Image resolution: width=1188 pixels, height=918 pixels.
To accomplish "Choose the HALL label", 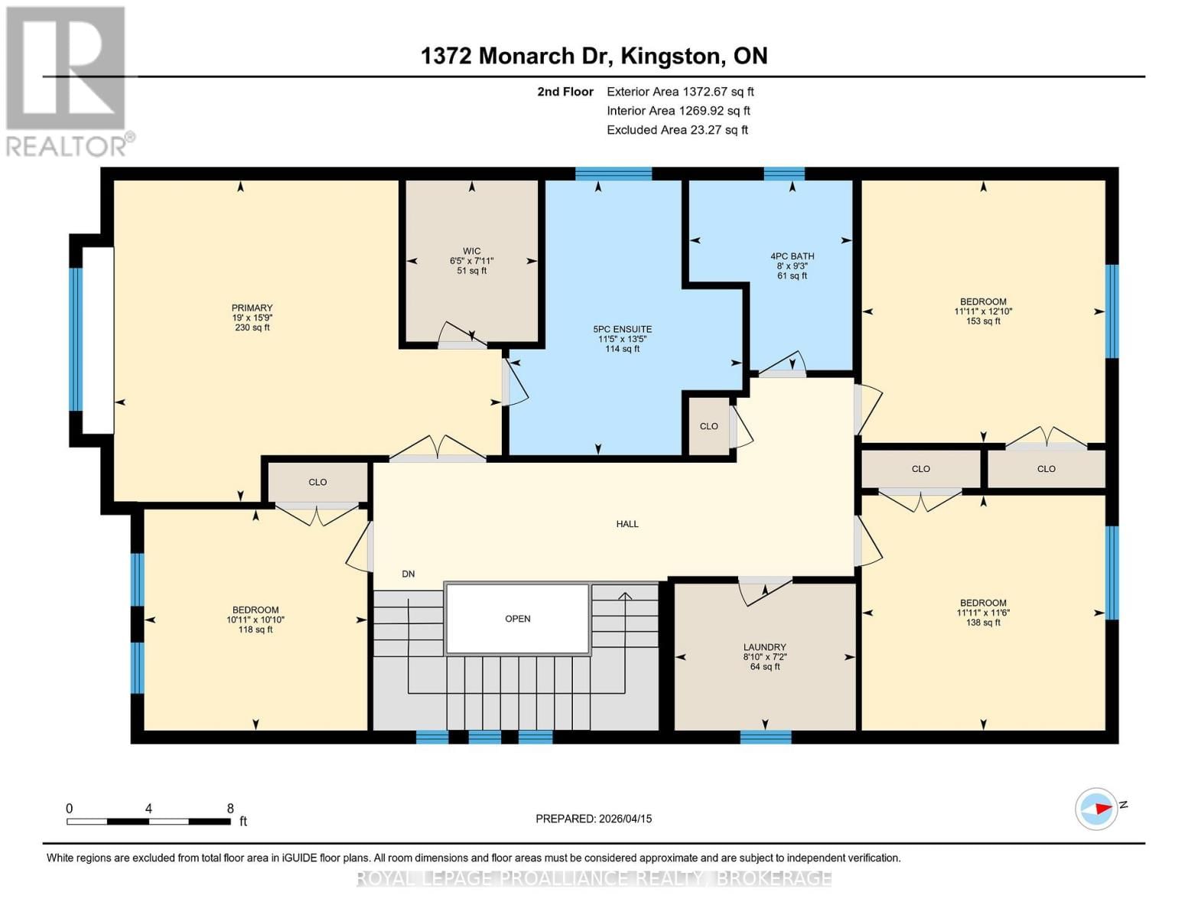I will (x=627, y=524).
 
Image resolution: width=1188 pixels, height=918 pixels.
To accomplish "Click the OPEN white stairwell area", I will (x=518, y=618).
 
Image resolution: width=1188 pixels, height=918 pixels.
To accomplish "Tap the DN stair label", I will (x=408, y=574).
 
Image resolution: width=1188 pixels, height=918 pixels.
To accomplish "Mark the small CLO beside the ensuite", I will (x=708, y=426).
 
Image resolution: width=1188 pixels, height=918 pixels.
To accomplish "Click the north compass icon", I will (x=1097, y=809).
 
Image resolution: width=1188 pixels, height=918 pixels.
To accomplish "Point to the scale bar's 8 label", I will (x=230, y=809).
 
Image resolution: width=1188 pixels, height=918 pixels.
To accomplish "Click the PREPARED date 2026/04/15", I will (x=594, y=819).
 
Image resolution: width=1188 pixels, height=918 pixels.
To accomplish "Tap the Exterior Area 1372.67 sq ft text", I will (x=680, y=92).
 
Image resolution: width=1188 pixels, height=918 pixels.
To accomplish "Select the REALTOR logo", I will (x=67, y=80).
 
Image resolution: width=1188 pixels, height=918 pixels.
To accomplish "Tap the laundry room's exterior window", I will (x=766, y=737).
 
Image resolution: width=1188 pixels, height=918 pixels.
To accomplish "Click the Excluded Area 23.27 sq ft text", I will (x=677, y=130).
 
